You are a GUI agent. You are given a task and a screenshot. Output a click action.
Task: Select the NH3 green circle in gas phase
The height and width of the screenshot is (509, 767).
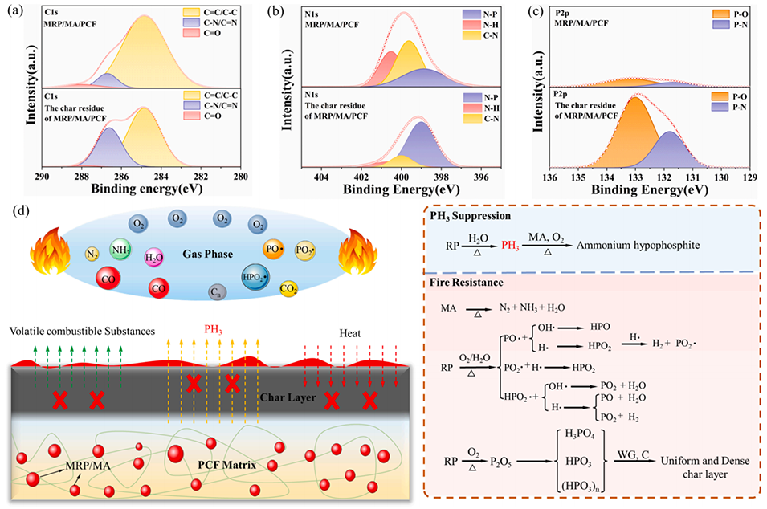[x=121, y=250]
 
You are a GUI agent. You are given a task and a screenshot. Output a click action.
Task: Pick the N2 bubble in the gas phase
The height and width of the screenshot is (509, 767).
[x=91, y=254]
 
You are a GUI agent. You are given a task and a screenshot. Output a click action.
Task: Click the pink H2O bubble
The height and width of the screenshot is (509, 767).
[x=154, y=257]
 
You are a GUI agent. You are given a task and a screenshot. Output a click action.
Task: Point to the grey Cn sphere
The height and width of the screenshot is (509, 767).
[x=215, y=293]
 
